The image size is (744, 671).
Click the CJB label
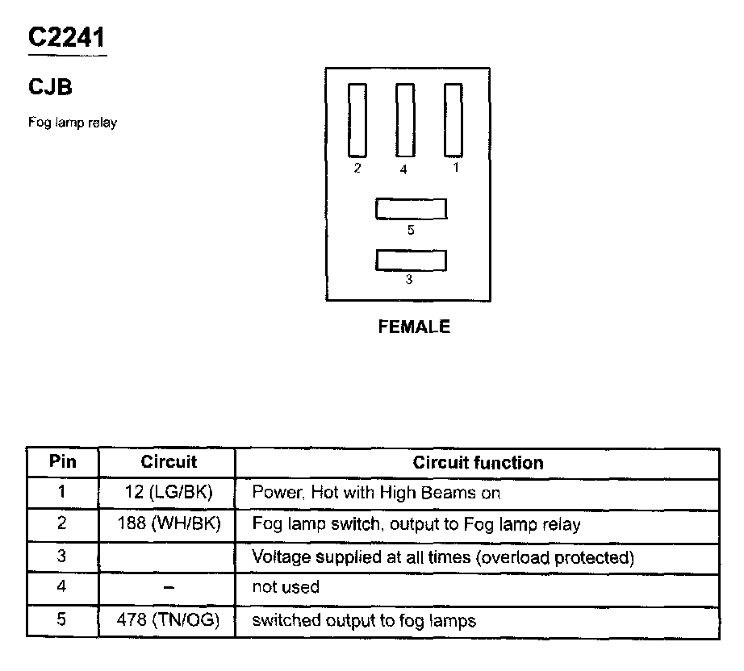tap(50, 86)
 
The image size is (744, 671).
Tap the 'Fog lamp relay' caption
tap(73, 123)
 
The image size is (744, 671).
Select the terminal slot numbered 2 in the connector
tap(357, 120)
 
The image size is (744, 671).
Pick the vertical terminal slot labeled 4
tap(404, 120)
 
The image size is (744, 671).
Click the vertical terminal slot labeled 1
tap(454, 120)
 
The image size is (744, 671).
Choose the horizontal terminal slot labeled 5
tap(411, 209)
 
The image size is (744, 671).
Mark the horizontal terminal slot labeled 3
tap(411, 260)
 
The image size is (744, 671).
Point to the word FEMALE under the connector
tap(414, 327)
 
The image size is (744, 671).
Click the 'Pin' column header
tap(63, 462)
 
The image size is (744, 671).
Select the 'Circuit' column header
tap(169, 462)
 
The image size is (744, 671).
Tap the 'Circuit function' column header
tap(478, 463)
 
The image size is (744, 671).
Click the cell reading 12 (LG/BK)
tap(169, 492)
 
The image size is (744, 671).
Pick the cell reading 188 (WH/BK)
tap(169, 524)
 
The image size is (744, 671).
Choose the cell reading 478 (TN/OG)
tap(169, 620)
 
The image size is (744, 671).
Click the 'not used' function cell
tap(286, 587)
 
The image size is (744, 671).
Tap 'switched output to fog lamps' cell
tap(364, 620)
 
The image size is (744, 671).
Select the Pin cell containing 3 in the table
tap(63, 556)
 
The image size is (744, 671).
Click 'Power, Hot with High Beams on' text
tap(376, 492)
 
